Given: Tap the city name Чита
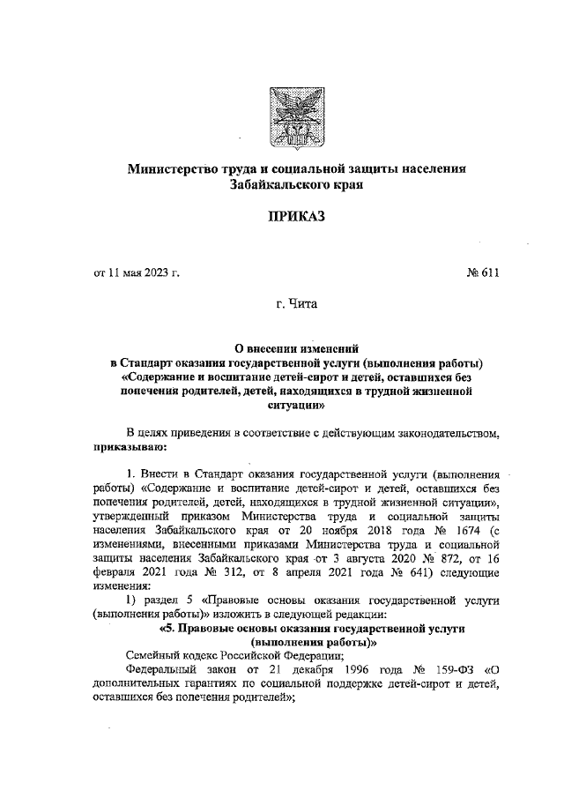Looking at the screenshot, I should (x=298, y=308).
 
